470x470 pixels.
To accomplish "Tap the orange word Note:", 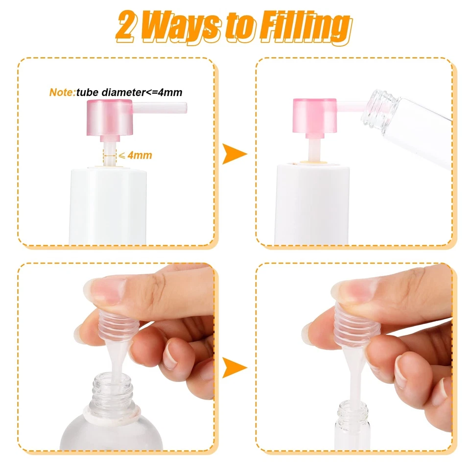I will (62, 92).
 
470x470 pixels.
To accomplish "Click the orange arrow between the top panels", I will (234, 154).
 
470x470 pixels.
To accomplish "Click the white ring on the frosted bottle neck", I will (113, 408).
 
